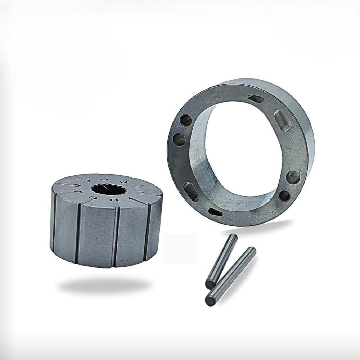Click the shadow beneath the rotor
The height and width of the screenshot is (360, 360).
103,285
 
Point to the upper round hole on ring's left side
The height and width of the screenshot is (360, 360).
186,120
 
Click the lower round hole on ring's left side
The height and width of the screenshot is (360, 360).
179,139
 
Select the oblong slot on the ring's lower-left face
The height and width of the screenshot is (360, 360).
191,192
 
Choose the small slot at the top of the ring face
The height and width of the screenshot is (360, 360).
256,99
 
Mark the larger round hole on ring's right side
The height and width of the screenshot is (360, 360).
293,177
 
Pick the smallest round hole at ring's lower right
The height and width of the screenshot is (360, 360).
284,196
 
